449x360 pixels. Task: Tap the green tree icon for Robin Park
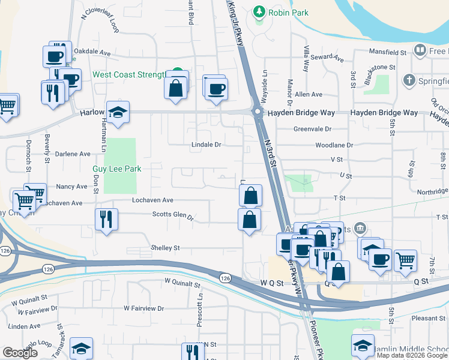point(259,11)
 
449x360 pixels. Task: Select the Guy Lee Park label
point(116,169)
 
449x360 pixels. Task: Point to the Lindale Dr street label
point(206,145)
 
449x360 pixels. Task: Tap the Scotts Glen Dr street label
point(173,215)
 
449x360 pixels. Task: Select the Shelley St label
point(165,248)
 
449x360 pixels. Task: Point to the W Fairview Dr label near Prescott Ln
point(144,308)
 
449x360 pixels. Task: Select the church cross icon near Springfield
point(409,80)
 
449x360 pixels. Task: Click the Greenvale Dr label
point(313,129)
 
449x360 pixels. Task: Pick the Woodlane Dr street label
point(334,145)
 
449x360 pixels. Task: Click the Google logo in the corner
point(20,353)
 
